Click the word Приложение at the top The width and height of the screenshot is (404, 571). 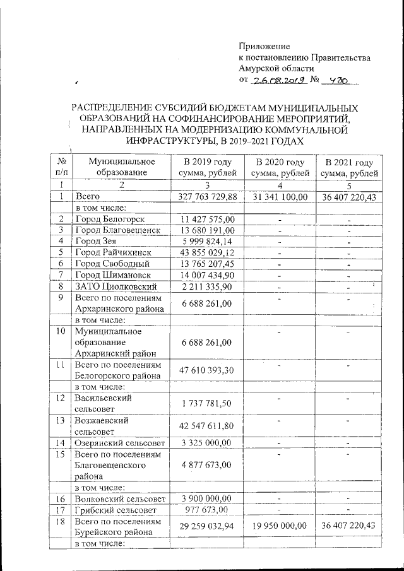[264, 46]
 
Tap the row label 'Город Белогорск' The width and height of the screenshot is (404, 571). [110, 219]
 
